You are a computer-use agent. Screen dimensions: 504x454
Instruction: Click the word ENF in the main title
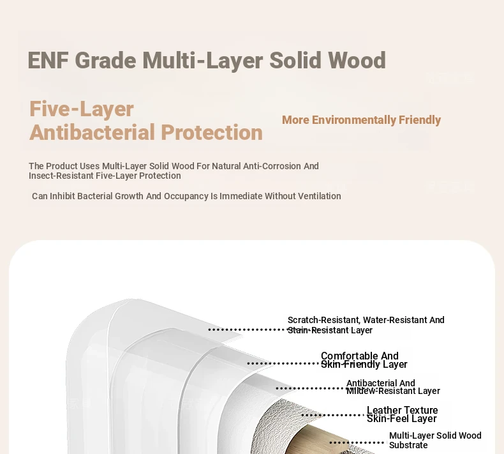(x=48, y=60)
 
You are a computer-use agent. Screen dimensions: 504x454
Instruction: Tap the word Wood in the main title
(x=357, y=60)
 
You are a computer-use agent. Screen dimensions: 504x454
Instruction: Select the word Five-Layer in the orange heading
(x=81, y=109)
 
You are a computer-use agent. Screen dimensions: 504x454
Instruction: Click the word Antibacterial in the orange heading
(x=93, y=132)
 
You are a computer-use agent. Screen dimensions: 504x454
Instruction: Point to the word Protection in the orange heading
(x=212, y=132)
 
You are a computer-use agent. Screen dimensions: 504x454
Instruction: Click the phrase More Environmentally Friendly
(x=361, y=120)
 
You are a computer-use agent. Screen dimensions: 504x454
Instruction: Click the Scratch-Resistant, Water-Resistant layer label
(x=366, y=325)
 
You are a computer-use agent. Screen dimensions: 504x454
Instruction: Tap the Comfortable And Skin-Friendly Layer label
(x=364, y=360)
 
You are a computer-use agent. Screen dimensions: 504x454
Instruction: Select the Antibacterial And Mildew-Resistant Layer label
(x=393, y=387)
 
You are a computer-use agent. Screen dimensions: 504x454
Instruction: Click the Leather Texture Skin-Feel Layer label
(x=402, y=414)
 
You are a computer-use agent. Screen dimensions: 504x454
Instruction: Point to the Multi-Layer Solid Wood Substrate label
(x=435, y=440)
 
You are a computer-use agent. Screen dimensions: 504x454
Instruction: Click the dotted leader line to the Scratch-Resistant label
(x=248, y=329)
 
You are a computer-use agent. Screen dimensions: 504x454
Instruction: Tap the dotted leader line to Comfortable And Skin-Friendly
(x=284, y=363)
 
